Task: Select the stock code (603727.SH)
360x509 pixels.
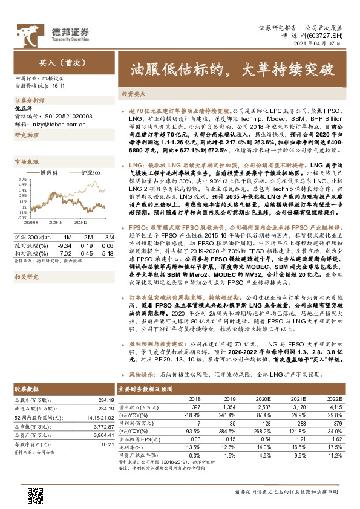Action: click(x=327, y=37)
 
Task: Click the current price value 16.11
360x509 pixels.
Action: click(x=59, y=86)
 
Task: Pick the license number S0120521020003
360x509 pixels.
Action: click(x=64, y=115)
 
